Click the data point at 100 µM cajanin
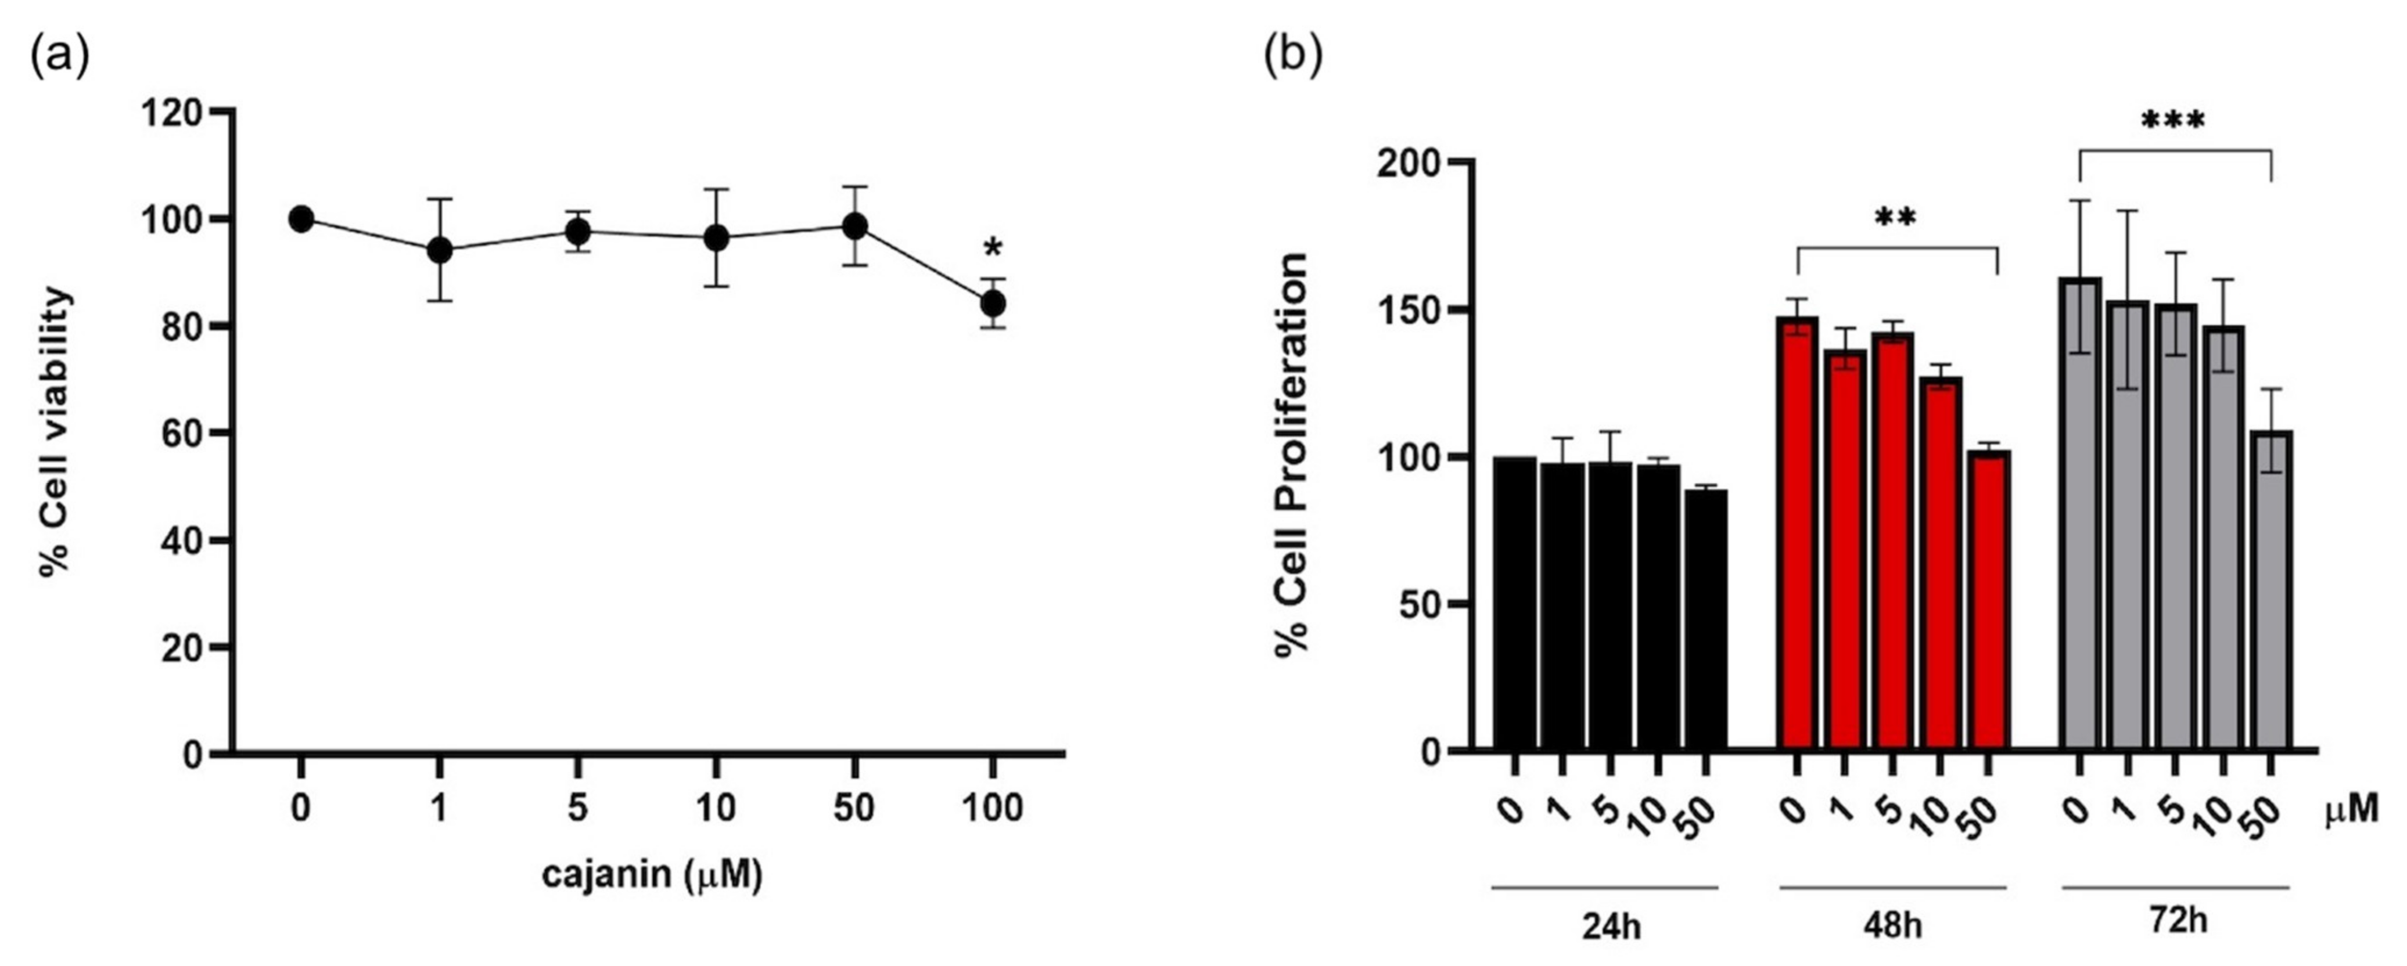click(x=992, y=304)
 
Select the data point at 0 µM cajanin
click(x=301, y=219)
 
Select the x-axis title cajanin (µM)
click(x=652, y=875)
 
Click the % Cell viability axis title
click(x=56, y=434)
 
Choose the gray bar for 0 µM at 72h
click(x=2079, y=514)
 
